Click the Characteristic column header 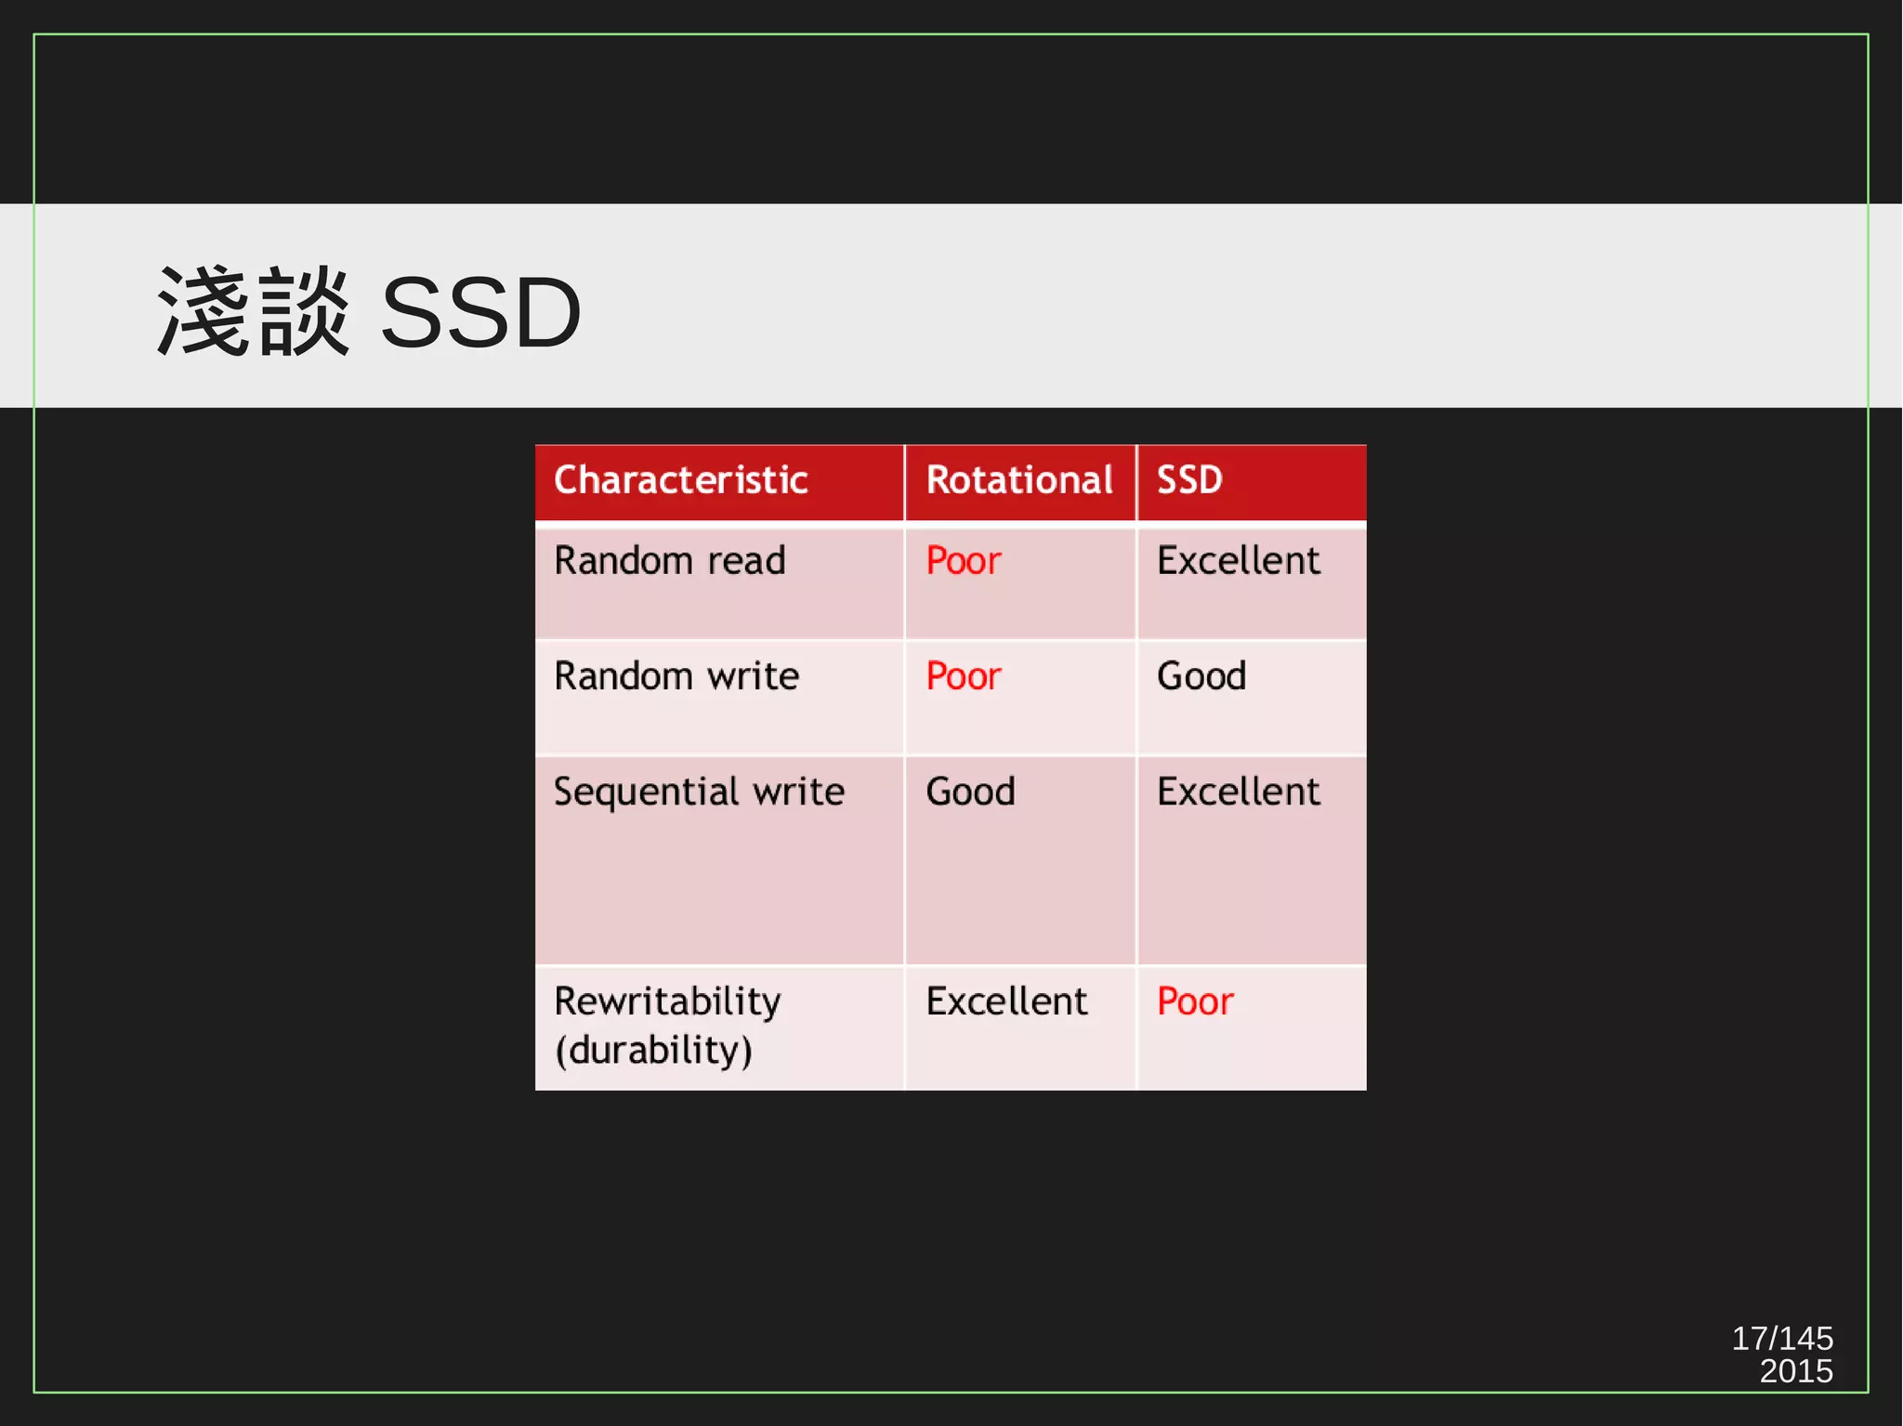point(680,480)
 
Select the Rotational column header point(1019,480)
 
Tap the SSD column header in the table point(1189,480)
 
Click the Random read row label point(669,561)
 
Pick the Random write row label point(676,676)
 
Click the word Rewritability point(667,1001)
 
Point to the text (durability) point(653,1050)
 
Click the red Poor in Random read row point(964,561)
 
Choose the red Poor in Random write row point(964,676)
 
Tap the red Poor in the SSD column point(1195,1001)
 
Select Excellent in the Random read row point(1238,561)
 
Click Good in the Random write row point(1201,676)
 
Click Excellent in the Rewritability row point(1006,1001)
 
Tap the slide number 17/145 point(1781,1338)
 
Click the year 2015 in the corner point(1795,1371)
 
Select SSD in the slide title point(480,313)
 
